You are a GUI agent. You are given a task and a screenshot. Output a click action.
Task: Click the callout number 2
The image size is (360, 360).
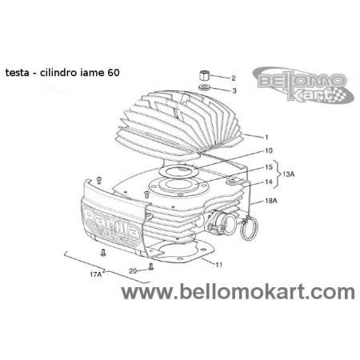click(234, 78)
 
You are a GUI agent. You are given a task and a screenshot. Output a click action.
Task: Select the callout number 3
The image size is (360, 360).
click(234, 91)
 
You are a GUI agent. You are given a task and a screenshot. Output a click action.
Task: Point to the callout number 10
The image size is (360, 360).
click(268, 150)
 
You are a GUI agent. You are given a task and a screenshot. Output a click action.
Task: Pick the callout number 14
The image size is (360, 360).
click(268, 182)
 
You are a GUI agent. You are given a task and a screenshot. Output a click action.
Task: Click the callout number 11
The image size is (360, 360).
click(218, 263)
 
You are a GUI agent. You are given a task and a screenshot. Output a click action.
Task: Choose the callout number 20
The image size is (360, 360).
click(133, 270)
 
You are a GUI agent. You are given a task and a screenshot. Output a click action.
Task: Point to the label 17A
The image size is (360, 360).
click(95, 275)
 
